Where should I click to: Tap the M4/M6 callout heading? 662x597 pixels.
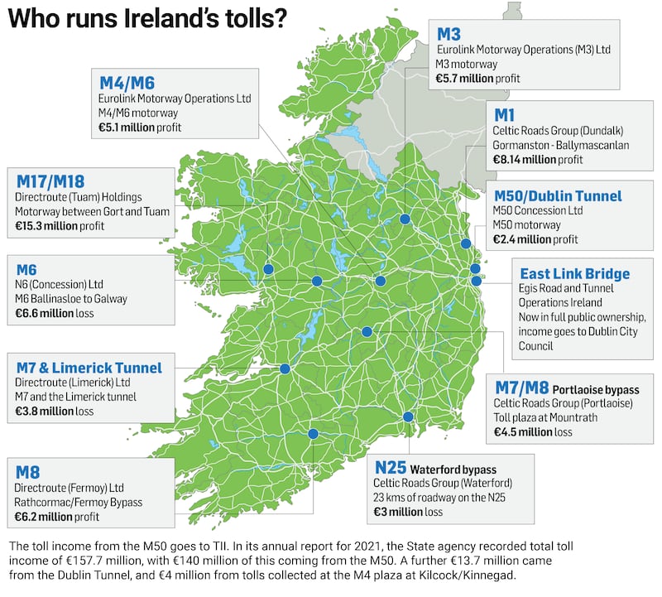point(127,82)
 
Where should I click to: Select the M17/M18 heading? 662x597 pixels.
point(50,181)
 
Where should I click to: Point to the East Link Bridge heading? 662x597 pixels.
point(574,273)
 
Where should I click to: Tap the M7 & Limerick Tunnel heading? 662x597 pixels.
point(89,367)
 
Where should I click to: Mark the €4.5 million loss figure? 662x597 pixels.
point(533,432)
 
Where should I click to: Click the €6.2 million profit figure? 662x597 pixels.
point(57,517)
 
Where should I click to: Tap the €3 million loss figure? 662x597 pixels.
point(408,513)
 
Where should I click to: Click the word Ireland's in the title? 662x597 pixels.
point(170,19)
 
